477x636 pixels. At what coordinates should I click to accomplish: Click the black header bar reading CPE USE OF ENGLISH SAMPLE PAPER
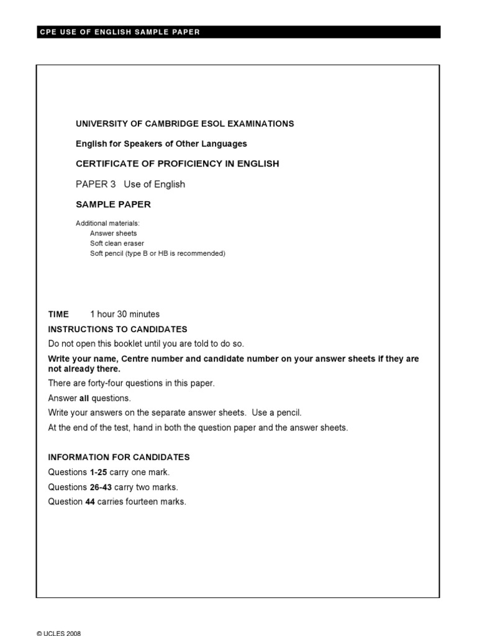(x=238, y=32)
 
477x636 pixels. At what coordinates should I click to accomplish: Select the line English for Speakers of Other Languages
(x=161, y=143)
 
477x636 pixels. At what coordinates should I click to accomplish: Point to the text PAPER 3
(x=96, y=184)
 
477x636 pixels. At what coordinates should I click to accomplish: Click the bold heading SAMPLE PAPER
(x=113, y=204)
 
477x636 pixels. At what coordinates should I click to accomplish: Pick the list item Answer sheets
(x=113, y=234)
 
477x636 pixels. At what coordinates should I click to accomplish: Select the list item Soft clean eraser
(x=117, y=243)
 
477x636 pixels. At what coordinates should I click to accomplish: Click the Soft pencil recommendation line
(x=157, y=253)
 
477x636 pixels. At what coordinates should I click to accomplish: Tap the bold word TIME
(x=58, y=314)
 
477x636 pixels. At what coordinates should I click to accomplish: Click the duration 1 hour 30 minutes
(x=125, y=314)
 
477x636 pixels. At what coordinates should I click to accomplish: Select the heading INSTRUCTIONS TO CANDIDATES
(x=117, y=329)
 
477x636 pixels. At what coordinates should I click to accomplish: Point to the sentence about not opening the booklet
(x=147, y=343)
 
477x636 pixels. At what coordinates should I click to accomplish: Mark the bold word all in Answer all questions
(x=84, y=398)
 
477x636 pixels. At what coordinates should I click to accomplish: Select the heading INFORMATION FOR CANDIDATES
(x=119, y=457)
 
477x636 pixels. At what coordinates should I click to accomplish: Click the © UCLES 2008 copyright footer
(x=59, y=634)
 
